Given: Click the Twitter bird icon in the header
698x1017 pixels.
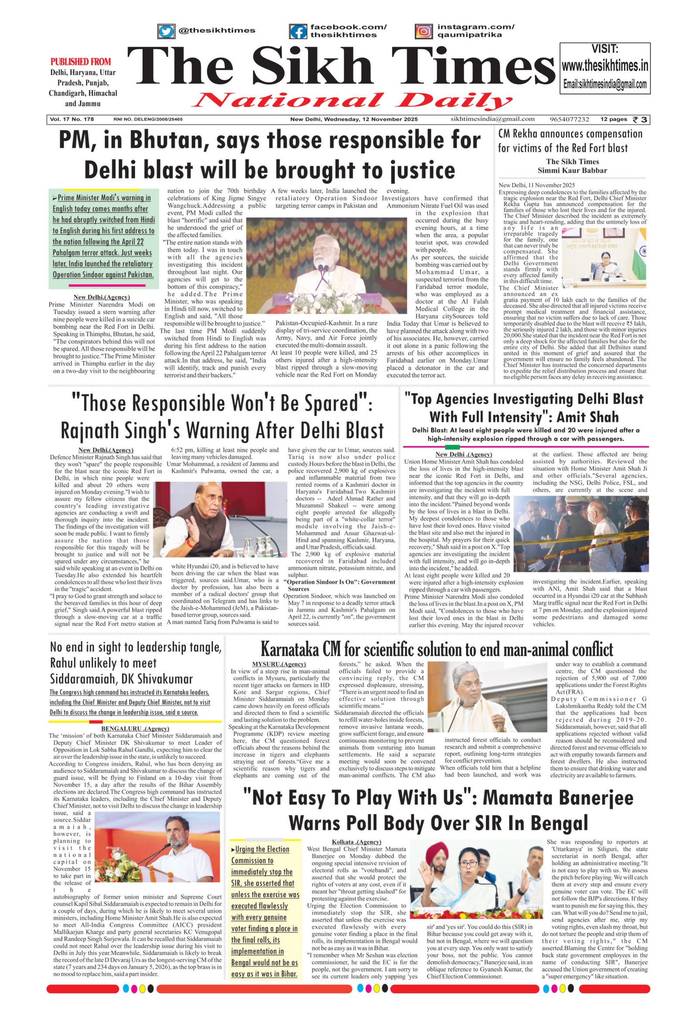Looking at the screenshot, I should (x=165, y=31).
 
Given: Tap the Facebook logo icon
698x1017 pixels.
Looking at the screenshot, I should (x=298, y=31).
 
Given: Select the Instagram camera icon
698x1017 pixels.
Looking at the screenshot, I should (x=424, y=31).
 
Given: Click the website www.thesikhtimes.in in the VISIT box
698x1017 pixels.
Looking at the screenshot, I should (x=605, y=66).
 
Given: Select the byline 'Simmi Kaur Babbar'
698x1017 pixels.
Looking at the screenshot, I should (x=572, y=170).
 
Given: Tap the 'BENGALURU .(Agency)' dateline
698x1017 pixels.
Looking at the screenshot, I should (x=135, y=728).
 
